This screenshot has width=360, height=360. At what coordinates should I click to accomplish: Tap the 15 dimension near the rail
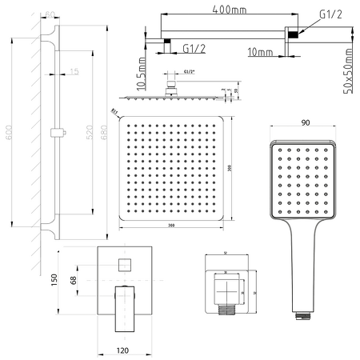[x=74, y=73]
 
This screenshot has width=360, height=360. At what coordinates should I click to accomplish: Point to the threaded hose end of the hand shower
[x=302, y=315]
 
